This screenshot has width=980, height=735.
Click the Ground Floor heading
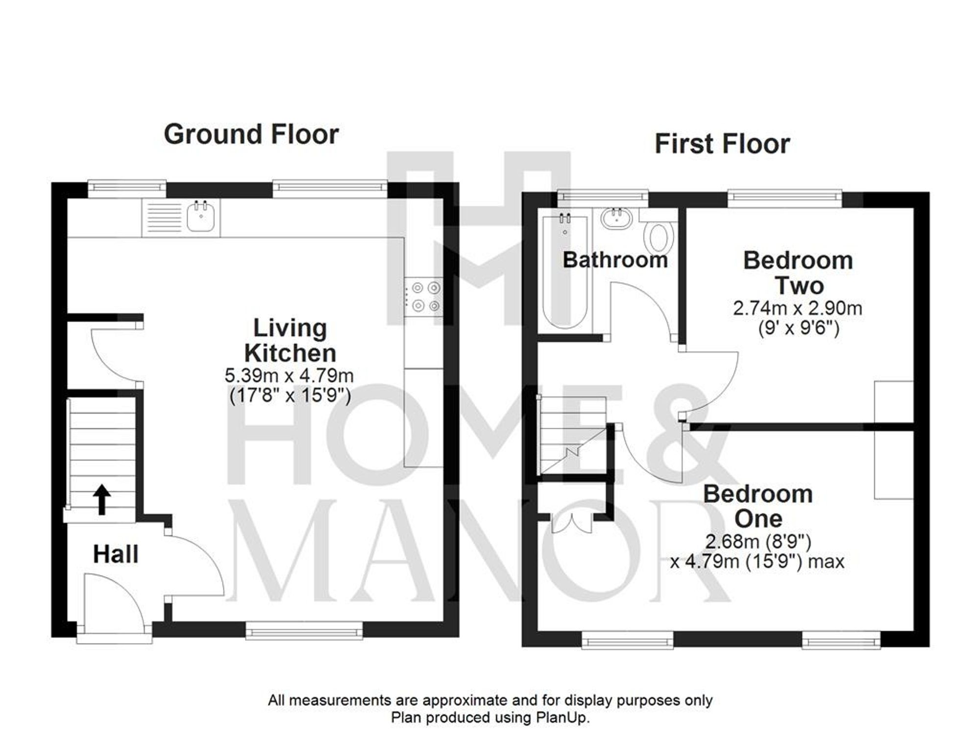pos(251,134)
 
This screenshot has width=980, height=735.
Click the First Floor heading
pos(722,144)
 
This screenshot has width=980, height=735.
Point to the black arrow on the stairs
pos(101,499)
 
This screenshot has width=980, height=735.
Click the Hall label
pos(116,554)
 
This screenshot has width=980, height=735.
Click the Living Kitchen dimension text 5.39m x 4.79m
pos(289,376)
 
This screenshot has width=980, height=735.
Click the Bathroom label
pos(615,260)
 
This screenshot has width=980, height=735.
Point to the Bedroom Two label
pos(798,272)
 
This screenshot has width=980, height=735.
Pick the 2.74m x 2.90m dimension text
pos(797,308)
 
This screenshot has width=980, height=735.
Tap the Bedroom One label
pos(758,506)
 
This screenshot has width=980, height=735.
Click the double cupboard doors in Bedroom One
pos(571,523)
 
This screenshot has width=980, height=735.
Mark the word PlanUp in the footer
pos(565,718)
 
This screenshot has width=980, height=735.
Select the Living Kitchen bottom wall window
pos(304,631)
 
